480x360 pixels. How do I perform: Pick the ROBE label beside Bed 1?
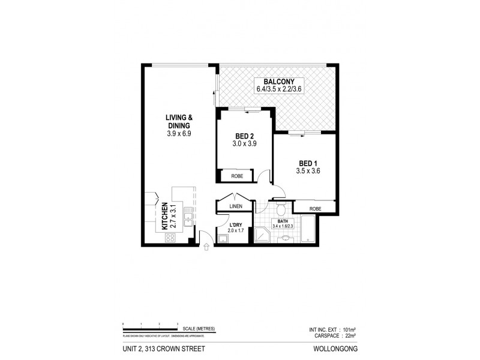point(315,209)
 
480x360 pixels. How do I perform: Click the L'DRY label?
point(235,226)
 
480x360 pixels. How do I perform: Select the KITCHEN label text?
point(164,217)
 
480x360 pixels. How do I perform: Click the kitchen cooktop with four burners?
point(169,237)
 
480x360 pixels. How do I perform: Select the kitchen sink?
point(187,217)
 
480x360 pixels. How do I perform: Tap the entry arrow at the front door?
point(207,245)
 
